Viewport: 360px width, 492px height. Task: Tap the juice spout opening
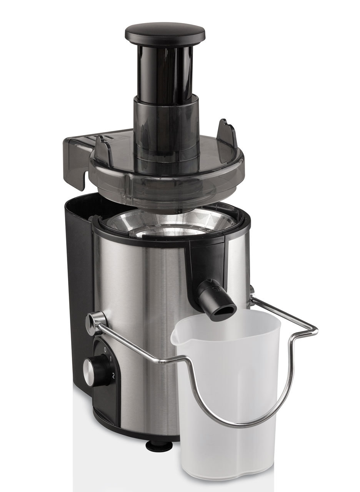pos(222,313)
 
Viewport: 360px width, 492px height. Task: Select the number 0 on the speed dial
pos(105,349)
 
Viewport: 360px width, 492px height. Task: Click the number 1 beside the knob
pos(110,359)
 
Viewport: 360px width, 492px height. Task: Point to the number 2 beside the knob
pos(113,376)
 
